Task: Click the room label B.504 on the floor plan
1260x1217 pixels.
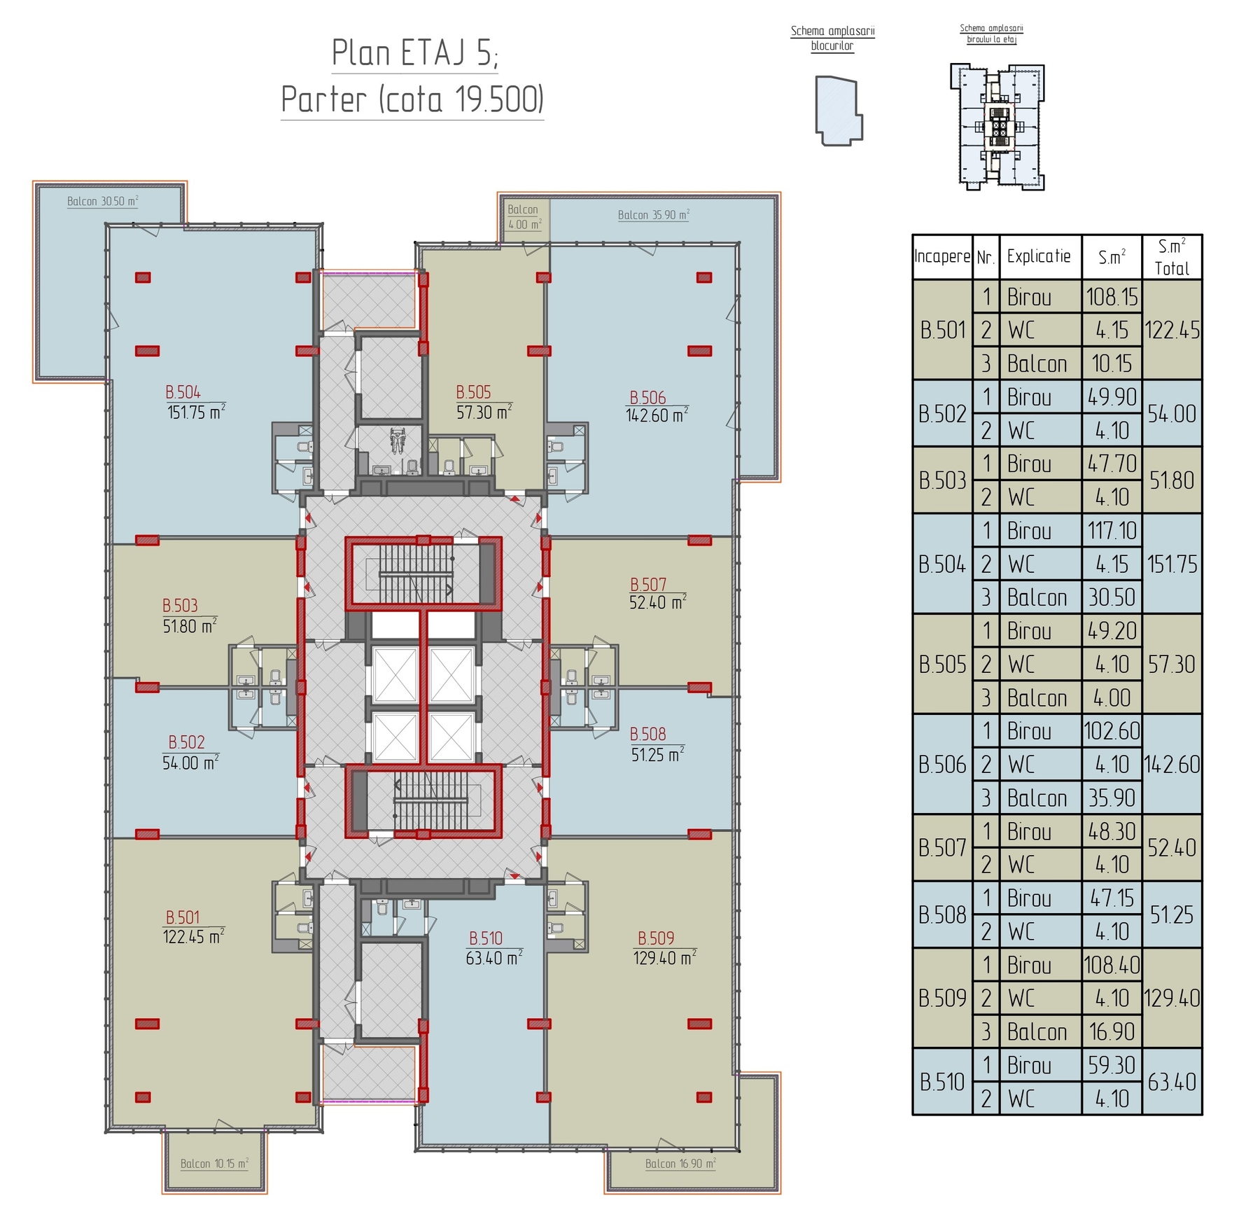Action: point(183,392)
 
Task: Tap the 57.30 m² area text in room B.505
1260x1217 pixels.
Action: point(484,412)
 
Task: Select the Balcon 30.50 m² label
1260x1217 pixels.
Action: point(103,201)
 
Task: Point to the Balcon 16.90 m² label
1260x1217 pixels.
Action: point(680,1163)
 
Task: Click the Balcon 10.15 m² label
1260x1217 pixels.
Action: point(214,1163)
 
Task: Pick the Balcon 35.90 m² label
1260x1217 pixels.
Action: point(654,214)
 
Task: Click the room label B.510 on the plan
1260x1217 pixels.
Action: point(486,938)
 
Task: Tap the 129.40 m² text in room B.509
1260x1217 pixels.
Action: point(665,957)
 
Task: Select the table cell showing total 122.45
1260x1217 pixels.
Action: point(1172,330)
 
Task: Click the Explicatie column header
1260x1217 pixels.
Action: point(1039,256)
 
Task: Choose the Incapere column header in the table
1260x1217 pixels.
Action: point(942,256)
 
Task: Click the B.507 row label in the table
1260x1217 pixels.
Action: point(942,847)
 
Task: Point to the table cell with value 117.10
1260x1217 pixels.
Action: point(1112,531)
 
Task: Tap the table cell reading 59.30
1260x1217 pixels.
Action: point(1112,1065)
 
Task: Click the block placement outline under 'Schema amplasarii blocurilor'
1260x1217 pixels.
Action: point(839,111)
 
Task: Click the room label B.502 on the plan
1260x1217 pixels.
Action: point(186,742)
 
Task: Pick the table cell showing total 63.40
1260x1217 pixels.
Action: point(1172,1082)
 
